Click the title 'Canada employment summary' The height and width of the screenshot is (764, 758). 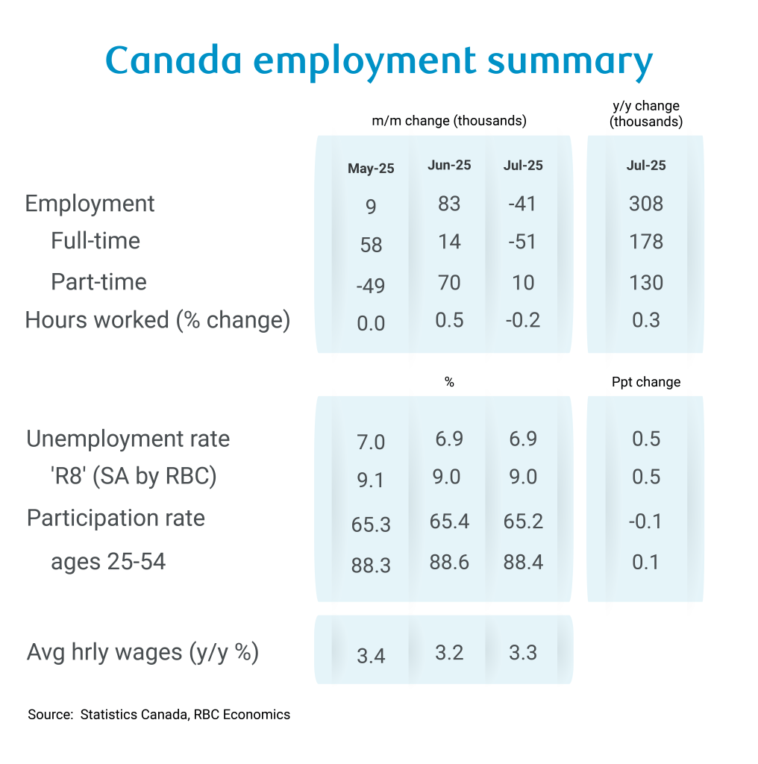click(x=378, y=61)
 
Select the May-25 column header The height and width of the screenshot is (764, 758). click(x=371, y=169)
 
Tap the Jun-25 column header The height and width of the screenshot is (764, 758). click(x=449, y=166)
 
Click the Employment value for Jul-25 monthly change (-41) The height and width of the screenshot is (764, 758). click(x=523, y=204)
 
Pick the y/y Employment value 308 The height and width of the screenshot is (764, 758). click(x=645, y=204)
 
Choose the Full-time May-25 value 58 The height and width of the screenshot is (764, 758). click(x=371, y=245)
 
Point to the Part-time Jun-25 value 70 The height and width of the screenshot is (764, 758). click(x=449, y=283)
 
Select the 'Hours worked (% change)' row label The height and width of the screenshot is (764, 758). click(x=157, y=320)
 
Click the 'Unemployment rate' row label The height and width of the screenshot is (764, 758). click(x=128, y=439)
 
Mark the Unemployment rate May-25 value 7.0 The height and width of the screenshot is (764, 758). click(x=371, y=442)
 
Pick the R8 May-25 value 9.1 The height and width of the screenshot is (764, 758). click(x=371, y=480)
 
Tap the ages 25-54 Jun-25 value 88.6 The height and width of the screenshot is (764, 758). click(x=449, y=562)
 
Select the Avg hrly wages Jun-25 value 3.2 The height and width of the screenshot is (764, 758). click(x=449, y=653)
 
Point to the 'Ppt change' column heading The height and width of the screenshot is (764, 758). click(x=645, y=382)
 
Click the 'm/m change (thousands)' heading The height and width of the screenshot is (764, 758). click(x=449, y=121)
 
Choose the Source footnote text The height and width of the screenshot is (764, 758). click(x=159, y=715)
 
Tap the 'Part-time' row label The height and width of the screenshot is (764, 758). click(x=98, y=282)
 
